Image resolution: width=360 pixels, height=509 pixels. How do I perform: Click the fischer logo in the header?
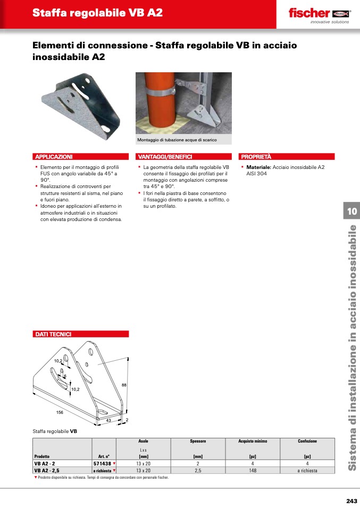point(320,15)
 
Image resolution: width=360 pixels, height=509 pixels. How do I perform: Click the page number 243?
point(351,501)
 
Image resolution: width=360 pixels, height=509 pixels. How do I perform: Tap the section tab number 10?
point(351,211)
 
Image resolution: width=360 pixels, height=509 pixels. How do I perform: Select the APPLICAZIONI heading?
point(54,157)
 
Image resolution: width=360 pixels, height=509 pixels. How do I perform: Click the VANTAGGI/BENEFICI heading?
point(165,157)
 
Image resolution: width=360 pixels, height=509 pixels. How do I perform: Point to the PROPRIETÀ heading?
point(256,157)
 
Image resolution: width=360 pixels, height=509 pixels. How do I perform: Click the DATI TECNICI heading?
point(53,334)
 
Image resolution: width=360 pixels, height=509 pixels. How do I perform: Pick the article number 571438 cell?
point(102,463)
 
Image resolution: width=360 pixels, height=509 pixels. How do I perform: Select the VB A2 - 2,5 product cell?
point(47,470)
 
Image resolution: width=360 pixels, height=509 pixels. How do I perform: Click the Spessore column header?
point(198,441)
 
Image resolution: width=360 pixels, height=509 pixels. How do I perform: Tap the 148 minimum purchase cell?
point(253,470)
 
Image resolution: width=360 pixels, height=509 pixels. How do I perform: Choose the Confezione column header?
point(307,441)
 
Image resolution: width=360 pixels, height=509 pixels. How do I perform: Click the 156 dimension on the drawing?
point(60,412)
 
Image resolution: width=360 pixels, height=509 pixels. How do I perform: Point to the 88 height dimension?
point(124,385)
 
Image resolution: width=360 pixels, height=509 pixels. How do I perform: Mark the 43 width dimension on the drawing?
point(108,420)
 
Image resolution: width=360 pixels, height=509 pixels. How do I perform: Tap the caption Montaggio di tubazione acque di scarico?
point(177,140)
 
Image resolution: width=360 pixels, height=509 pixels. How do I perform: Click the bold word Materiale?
point(258,167)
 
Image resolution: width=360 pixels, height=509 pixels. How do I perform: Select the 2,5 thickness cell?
point(198,470)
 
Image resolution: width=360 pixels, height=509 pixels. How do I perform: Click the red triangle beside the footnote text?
point(36,477)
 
